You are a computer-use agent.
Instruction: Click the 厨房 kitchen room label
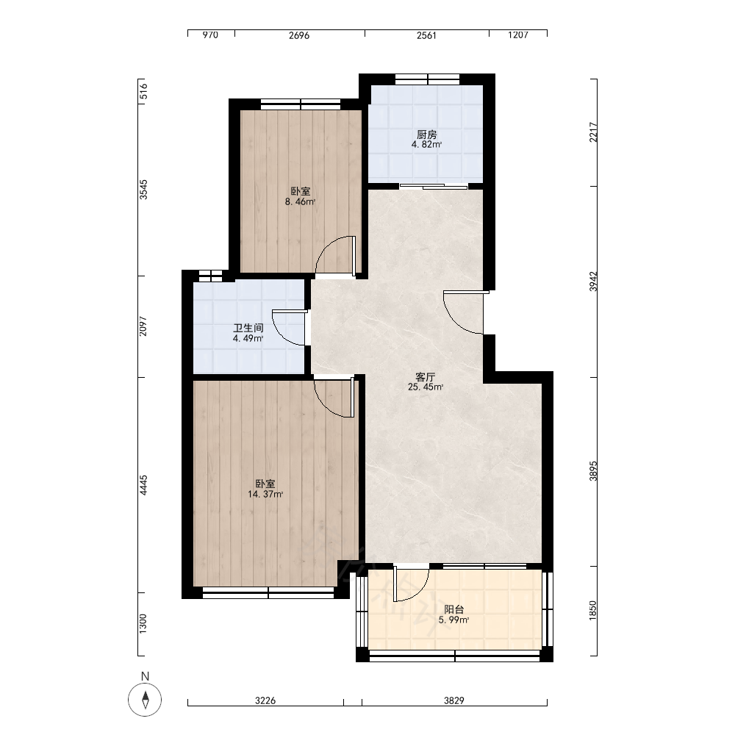tap(426, 135)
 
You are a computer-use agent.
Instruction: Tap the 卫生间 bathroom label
tap(248, 328)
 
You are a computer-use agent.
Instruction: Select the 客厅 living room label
tap(425, 377)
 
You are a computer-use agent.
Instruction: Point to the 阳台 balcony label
tap(453, 609)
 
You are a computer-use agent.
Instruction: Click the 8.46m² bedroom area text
tap(300, 202)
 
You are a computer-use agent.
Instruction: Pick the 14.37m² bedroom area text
tap(265, 494)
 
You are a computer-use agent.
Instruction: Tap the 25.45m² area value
tap(426, 387)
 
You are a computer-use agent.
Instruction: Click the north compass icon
tap(145, 700)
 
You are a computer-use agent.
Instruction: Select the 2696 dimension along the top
tap(299, 35)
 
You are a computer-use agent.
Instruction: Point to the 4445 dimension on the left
tap(143, 485)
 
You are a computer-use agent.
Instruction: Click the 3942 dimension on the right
tap(593, 282)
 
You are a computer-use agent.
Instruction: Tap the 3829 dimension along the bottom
tap(453, 700)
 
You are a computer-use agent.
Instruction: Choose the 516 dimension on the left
tap(143, 91)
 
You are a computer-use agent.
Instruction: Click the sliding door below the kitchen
tap(434, 187)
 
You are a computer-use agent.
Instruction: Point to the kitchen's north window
tap(427, 79)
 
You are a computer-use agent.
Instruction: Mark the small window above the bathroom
tap(210, 276)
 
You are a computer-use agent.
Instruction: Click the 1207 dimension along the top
tap(518, 35)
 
